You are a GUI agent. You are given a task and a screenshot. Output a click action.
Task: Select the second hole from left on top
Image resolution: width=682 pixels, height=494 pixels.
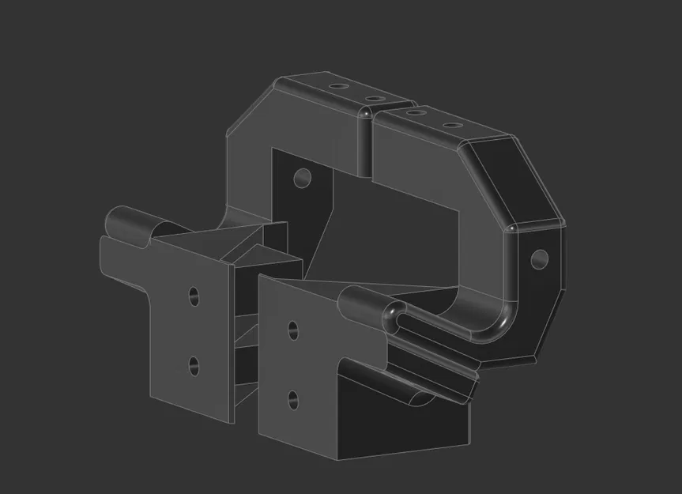point(370,98)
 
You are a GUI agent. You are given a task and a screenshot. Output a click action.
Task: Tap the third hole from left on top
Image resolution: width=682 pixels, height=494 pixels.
point(413,113)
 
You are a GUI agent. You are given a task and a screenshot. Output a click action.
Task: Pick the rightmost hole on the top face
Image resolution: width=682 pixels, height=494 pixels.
point(450,126)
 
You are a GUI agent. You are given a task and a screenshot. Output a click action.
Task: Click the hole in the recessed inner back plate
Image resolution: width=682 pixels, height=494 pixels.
point(302,177)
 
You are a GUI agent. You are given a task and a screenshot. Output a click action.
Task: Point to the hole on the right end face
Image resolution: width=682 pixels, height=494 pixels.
point(540,258)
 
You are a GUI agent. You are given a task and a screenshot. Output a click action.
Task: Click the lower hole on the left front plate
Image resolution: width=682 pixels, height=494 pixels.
point(193,366)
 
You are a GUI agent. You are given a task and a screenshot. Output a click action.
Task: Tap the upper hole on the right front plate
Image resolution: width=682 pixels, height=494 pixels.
point(294,330)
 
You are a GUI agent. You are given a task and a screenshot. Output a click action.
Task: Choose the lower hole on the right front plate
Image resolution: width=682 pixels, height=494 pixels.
point(293,398)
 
